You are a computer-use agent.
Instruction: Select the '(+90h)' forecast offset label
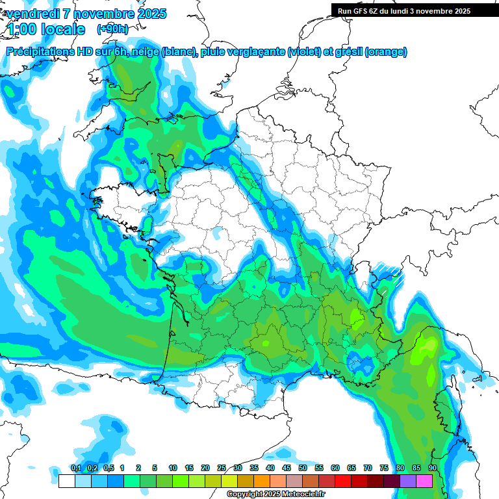(x=112, y=29)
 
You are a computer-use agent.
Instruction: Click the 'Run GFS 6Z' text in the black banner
(x=359, y=11)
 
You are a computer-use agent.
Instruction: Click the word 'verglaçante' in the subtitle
(x=258, y=52)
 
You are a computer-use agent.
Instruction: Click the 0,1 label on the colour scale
(x=76, y=468)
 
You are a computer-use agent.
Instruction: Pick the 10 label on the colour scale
(x=173, y=468)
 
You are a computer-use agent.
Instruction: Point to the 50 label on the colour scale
(x=303, y=468)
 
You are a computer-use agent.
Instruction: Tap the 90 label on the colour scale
(x=432, y=468)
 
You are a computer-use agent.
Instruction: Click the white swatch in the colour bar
(x=66, y=481)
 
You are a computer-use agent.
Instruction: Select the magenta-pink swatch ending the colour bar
(x=424, y=481)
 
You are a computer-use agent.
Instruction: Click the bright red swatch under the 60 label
(x=342, y=481)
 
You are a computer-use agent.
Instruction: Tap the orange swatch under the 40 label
(x=261, y=481)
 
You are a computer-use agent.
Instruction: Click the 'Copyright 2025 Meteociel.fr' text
(x=276, y=494)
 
